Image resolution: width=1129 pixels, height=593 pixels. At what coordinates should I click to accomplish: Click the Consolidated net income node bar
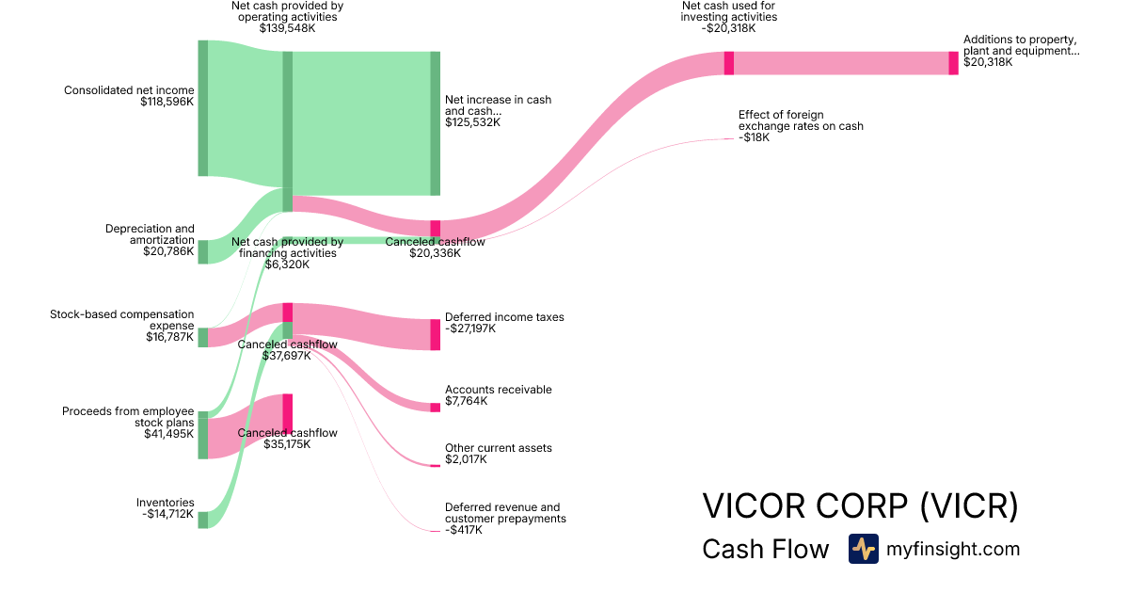coord(203,108)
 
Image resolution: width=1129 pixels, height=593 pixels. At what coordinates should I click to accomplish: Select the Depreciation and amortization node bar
coord(203,252)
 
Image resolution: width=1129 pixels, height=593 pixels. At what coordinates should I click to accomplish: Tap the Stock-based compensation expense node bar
coord(203,337)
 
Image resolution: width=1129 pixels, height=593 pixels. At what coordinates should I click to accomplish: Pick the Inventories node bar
coord(203,520)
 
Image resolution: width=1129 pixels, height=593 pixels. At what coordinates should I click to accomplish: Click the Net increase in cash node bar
coord(436,123)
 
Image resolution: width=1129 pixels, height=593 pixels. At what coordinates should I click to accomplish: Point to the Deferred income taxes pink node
coord(436,335)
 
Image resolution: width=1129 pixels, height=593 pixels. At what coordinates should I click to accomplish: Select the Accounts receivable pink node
coord(436,408)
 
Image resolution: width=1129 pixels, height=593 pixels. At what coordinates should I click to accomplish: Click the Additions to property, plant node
coord(954,63)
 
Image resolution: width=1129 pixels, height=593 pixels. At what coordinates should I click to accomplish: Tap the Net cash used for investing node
coord(729,63)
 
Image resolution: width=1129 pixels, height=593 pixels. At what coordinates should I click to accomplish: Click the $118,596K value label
coord(167,102)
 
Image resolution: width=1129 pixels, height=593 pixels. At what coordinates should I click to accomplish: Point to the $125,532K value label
coord(472,122)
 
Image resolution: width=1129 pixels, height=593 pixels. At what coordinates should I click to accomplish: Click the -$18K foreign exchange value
coord(754,137)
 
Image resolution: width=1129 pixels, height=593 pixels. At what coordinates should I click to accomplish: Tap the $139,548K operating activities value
coord(287,28)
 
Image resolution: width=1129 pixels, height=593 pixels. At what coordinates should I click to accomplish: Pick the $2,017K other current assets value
coord(467,459)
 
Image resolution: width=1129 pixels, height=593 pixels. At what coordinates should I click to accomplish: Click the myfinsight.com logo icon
coord(864,549)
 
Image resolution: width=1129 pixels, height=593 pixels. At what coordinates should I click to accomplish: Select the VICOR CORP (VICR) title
coord(860,505)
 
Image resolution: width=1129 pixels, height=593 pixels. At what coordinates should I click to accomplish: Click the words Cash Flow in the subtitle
coord(766,549)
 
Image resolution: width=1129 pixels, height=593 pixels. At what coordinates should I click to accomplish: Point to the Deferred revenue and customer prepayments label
coord(505,513)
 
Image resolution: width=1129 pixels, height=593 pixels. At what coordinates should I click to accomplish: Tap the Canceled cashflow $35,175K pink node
coord(287,414)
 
